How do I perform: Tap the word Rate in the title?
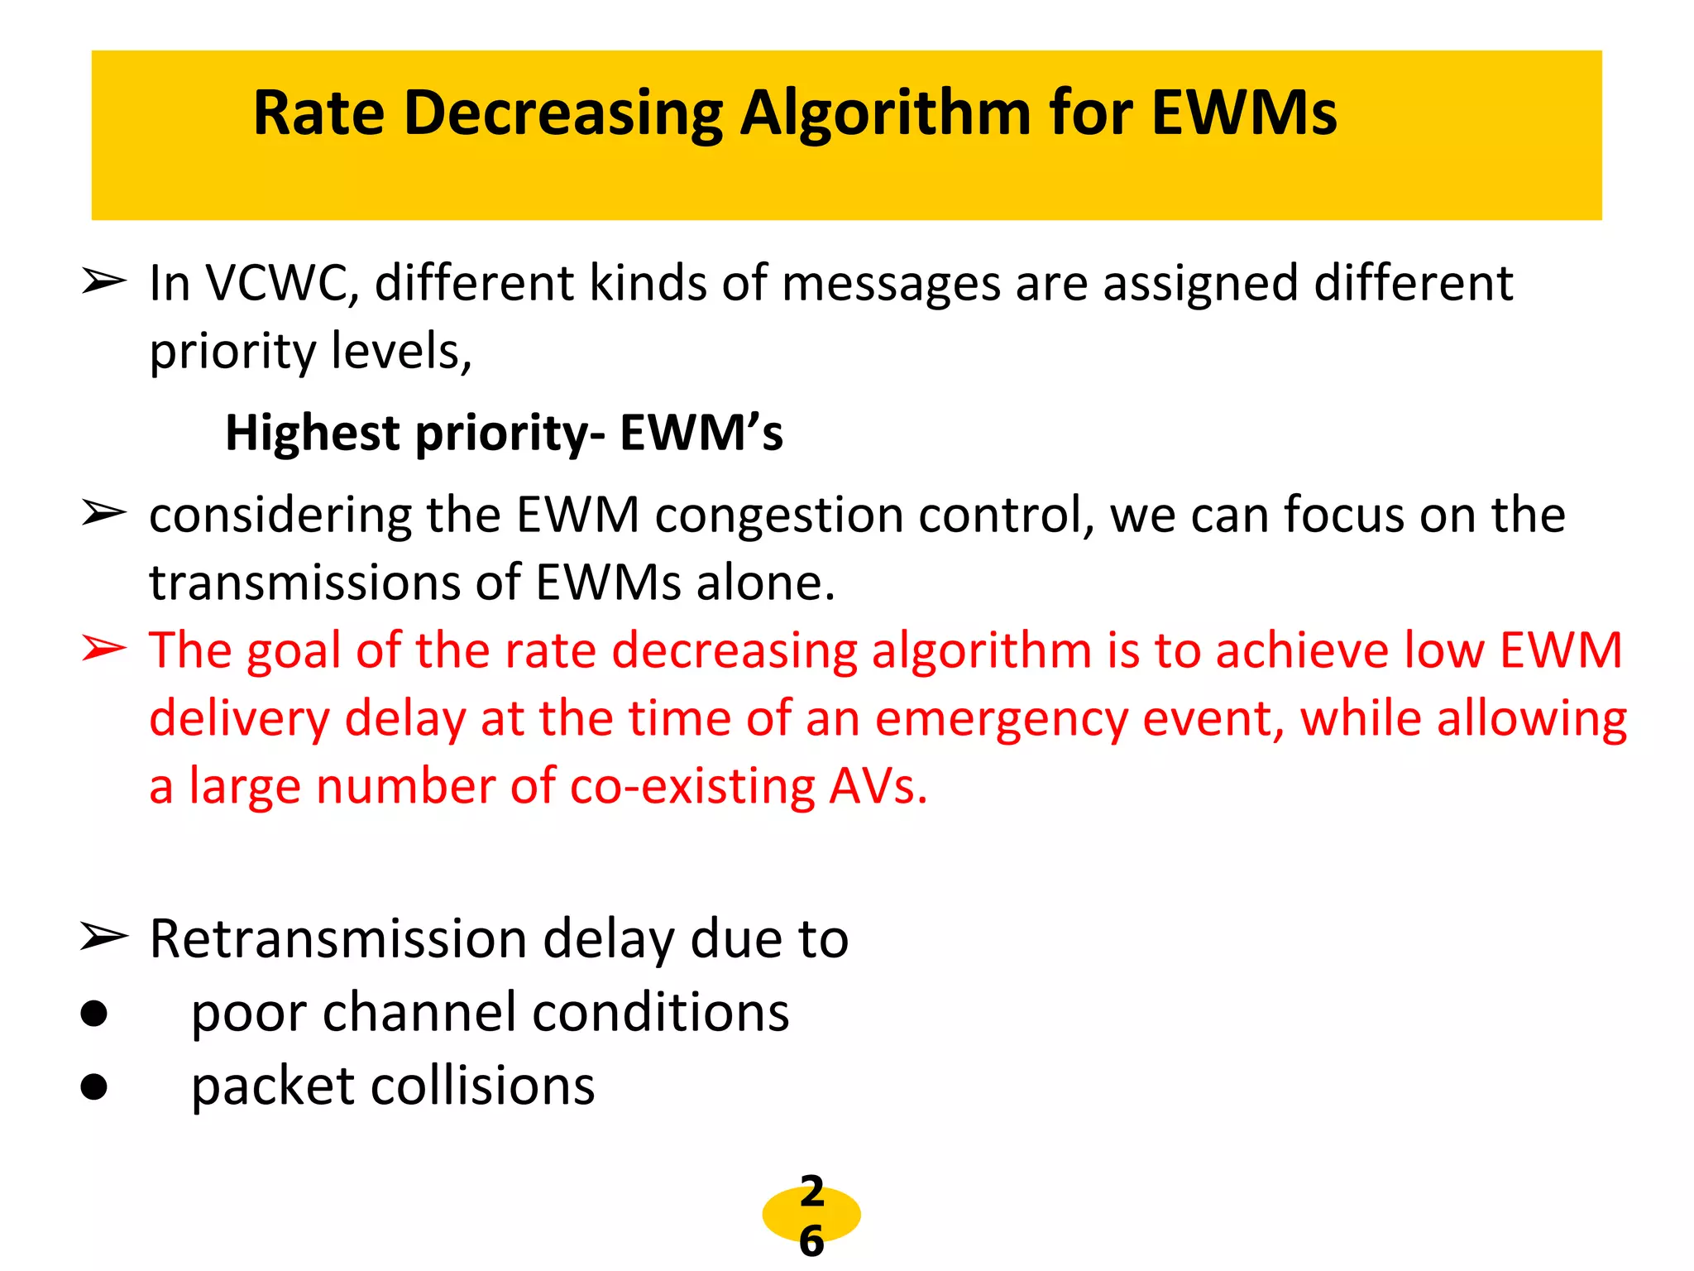click(x=318, y=113)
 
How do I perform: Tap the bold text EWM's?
click(x=701, y=434)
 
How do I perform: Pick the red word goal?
click(x=294, y=650)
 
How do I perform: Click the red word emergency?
click(x=1002, y=718)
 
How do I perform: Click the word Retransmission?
click(x=338, y=939)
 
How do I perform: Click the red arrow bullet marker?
click(x=104, y=650)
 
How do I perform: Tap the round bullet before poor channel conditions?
click(x=94, y=1014)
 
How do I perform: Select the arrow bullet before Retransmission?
click(x=104, y=938)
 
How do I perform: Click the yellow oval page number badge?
click(x=811, y=1215)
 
